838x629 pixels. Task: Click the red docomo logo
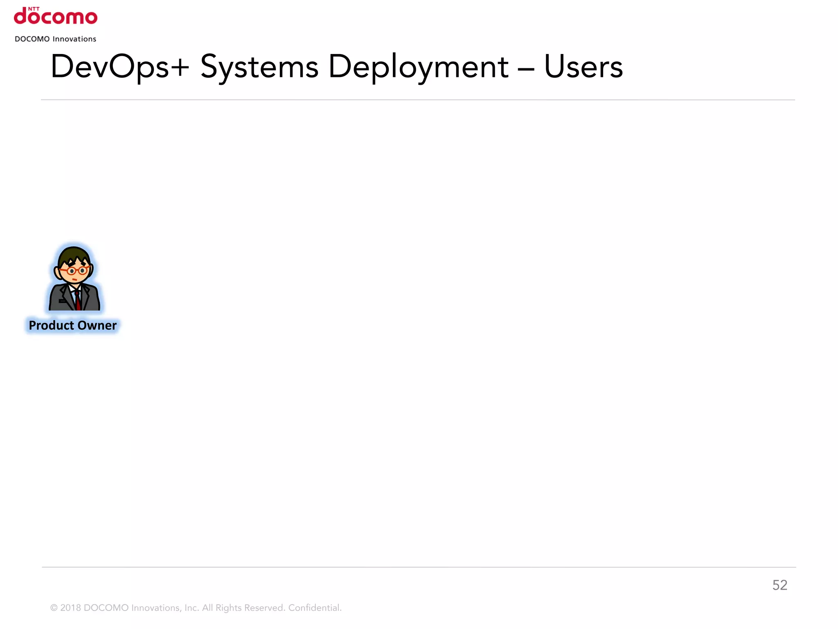[56, 18]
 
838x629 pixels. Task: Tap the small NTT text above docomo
[34, 9]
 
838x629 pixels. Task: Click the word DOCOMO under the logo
[32, 39]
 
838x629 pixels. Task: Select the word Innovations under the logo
[74, 39]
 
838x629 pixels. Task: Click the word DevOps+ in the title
[119, 67]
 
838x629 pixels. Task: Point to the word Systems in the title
[259, 67]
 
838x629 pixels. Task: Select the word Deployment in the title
[418, 67]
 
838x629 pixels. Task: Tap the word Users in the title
[583, 67]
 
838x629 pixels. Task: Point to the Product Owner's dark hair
[74, 254]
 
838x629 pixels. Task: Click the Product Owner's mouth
[74, 280]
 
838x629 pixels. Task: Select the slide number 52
[779, 585]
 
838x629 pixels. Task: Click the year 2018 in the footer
[70, 608]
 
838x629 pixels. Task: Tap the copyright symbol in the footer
[54, 608]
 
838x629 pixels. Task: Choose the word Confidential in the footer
[315, 608]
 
